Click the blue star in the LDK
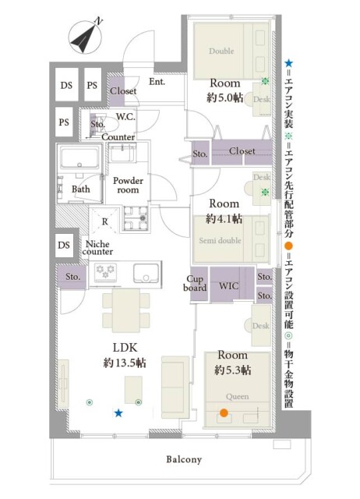(x=118, y=413)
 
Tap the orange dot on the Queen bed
(x=224, y=413)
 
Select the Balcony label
(x=184, y=459)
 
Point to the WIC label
(x=228, y=286)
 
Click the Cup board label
(x=195, y=283)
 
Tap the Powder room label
(x=128, y=186)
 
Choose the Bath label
(x=81, y=189)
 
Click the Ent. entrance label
(x=157, y=82)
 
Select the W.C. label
(x=125, y=117)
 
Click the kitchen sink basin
(x=146, y=273)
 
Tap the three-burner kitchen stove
(x=105, y=272)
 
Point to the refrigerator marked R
(x=104, y=221)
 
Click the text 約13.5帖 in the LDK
(x=125, y=363)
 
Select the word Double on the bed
(x=221, y=51)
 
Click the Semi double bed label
(x=220, y=241)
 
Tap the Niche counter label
(x=97, y=248)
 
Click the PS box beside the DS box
(x=92, y=85)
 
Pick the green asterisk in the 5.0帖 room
(x=265, y=81)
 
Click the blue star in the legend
(x=288, y=63)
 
